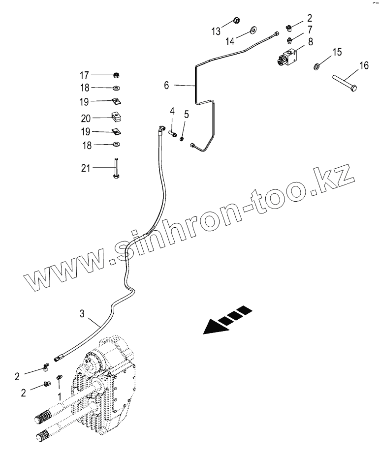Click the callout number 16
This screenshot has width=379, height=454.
click(x=363, y=65)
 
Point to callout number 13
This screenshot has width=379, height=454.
click(x=216, y=31)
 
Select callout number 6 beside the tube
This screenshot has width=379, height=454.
click(x=166, y=86)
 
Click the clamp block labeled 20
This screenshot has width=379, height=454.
click(x=116, y=118)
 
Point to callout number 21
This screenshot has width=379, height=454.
click(x=85, y=168)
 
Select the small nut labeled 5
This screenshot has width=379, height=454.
click(x=182, y=139)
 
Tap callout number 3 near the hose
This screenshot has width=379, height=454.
click(x=83, y=313)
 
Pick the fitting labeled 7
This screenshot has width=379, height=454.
click(x=290, y=40)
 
